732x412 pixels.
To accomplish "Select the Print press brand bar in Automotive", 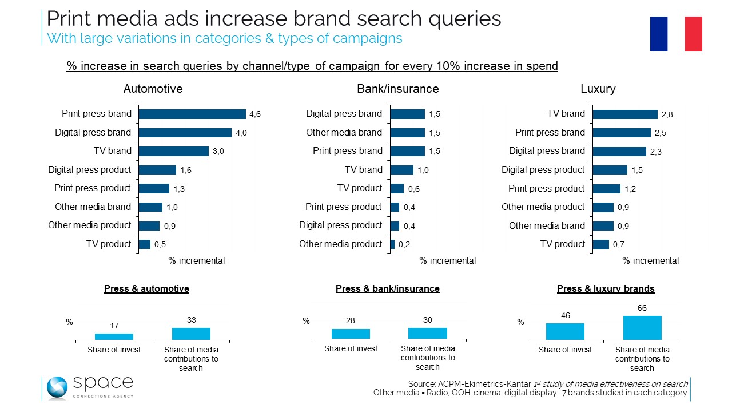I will tap(192, 114).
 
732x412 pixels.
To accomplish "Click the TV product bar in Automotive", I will tap(145, 244).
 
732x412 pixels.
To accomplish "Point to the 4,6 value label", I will tap(256, 114).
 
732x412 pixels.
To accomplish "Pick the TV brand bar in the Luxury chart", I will tap(625, 114).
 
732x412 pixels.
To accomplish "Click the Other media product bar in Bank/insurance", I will tap(392, 244).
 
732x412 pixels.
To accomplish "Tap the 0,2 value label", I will tap(404, 245).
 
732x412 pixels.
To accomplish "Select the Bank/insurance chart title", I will tap(397, 89).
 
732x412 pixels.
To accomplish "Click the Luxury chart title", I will tap(598, 89).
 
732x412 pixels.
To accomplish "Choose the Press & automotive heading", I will tap(146, 289).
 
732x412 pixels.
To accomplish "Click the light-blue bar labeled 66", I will tap(642, 327).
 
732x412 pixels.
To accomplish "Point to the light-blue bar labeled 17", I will tap(114, 336).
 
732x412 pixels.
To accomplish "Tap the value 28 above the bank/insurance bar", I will tap(351, 321).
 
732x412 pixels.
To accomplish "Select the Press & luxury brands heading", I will tap(606, 289).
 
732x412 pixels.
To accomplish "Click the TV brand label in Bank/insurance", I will tap(363, 170).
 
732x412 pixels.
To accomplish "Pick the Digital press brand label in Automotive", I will tap(93, 133).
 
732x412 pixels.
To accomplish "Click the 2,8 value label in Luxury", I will tap(667, 114).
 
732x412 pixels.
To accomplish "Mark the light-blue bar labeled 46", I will tap(565, 331).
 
